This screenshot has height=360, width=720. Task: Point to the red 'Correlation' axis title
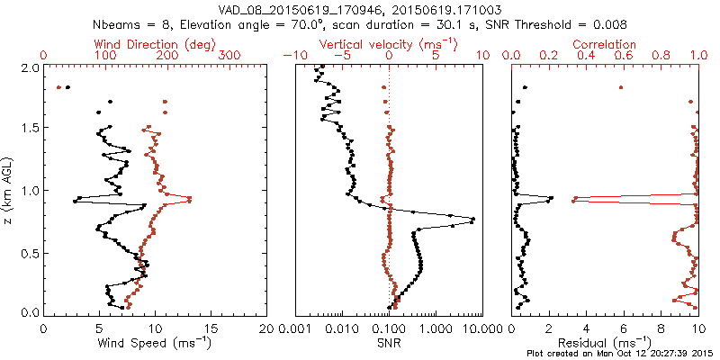pos(605,43)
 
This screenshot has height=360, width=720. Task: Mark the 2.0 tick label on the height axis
pos(30,67)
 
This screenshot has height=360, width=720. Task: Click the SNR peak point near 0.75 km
pos(472,220)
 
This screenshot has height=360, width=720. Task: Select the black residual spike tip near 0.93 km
pos(552,198)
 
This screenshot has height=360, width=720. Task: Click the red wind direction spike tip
pos(190,200)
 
